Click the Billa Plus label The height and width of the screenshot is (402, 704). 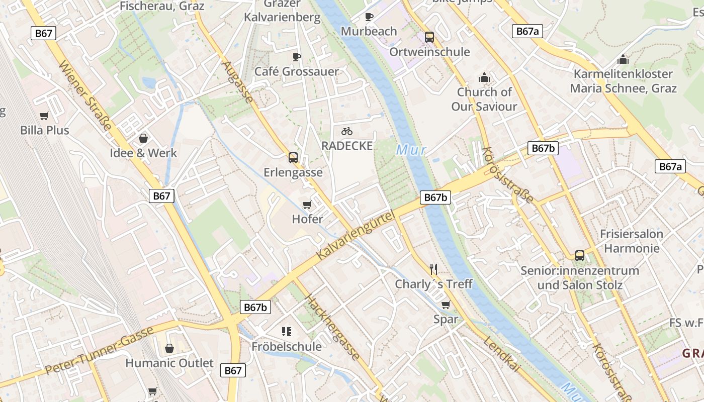click(45, 130)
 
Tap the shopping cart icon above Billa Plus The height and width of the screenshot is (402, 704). click(44, 116)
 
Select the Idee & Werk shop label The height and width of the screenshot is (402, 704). click(143, 153)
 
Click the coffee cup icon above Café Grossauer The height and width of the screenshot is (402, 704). click(297, 57)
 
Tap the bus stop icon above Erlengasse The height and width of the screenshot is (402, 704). click(293, 158)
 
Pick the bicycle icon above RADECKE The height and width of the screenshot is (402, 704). click(347, 131)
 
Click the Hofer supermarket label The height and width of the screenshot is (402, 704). click(307, 219)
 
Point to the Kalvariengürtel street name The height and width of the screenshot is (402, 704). click(355, 235)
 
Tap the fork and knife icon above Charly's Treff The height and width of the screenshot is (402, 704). click(433, 269)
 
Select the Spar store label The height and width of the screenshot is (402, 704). click(446, 319)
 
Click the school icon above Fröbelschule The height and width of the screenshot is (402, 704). click(287, 332)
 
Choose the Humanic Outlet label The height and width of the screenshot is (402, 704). click(169, 363)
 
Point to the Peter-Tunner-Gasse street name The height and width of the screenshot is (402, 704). click(99, 351)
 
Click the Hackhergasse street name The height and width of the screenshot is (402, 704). click(332, 327)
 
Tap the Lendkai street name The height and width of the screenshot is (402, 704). click(502, 355)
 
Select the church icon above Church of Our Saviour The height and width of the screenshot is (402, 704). click(484, 77)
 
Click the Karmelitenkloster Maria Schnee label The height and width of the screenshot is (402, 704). click(623, 81)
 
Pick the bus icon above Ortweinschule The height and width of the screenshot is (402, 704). click(429, 37)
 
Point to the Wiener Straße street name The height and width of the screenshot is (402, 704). click(85, 95)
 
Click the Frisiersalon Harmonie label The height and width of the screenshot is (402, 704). click(632, 241)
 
